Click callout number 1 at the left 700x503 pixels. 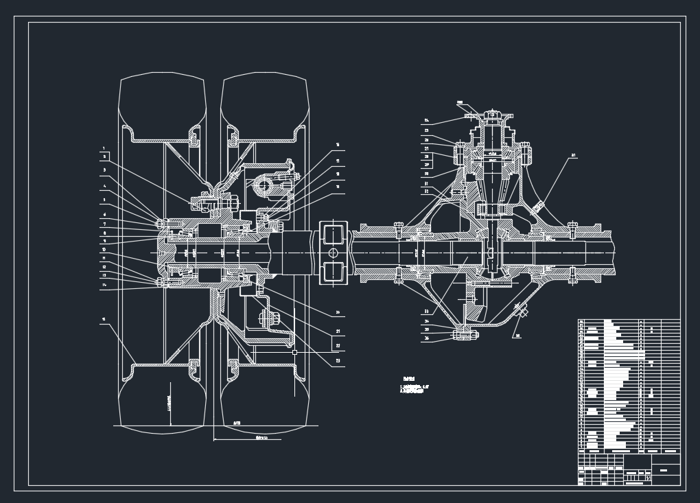point(104,148)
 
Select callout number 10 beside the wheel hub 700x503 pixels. point(104,250)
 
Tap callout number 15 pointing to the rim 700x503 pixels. point(104,319)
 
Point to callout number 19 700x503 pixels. point(338,186)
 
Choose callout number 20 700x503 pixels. point(338,313)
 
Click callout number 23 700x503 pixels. point(338,361)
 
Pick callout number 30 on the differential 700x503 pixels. point(426,174)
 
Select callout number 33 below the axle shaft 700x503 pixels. point(426,312)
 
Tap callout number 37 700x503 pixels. point(573,156)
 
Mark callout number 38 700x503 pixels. point(518,336)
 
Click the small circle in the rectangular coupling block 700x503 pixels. point(334,253)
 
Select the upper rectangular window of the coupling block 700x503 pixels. point(334,235)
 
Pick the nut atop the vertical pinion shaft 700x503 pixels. point(491,113)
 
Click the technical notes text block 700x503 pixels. point(415,386)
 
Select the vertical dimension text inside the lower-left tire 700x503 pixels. point(170,408)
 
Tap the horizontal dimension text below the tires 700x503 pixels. point(261,436)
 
